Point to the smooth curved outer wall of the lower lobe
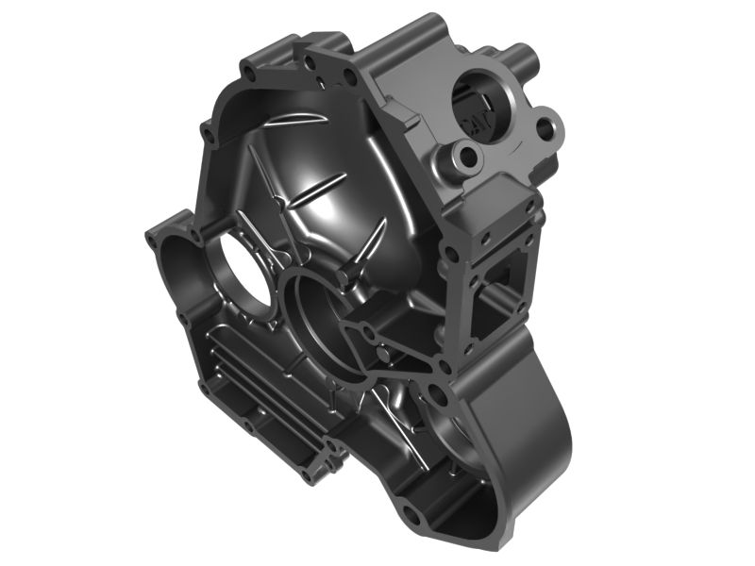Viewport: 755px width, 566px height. (x=547, y=415)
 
